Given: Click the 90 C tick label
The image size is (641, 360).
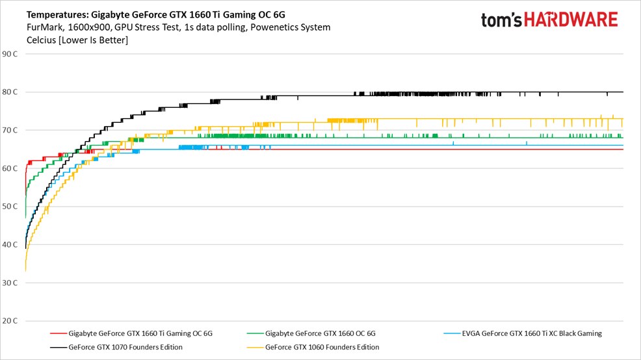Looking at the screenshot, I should (10, 54).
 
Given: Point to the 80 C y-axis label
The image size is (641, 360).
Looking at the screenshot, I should (10, 92).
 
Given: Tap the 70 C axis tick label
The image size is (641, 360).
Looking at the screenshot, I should (10, 131).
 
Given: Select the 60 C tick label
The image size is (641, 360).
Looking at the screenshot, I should (10, 169).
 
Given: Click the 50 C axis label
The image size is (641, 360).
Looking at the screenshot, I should (10, 207).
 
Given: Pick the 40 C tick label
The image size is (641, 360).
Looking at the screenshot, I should (10, 245).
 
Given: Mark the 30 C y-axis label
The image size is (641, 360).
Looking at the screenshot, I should (10, 283).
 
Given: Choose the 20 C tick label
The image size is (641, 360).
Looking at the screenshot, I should (10, 321).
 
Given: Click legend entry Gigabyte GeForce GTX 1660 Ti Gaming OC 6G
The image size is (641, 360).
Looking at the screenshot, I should (140, 334).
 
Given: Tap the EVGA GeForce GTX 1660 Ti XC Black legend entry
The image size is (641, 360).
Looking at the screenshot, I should (531, 334).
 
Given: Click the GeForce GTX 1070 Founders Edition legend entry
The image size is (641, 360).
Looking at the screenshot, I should (125, 347).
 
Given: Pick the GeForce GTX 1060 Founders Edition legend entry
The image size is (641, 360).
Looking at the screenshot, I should (322, 347).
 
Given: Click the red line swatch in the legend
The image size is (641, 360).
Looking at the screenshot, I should (58, 334).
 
